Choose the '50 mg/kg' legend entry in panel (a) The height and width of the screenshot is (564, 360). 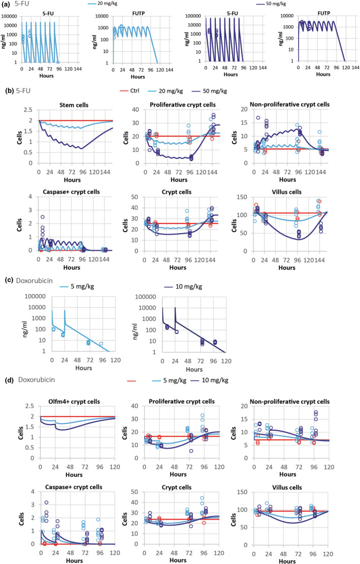point(272,5)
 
